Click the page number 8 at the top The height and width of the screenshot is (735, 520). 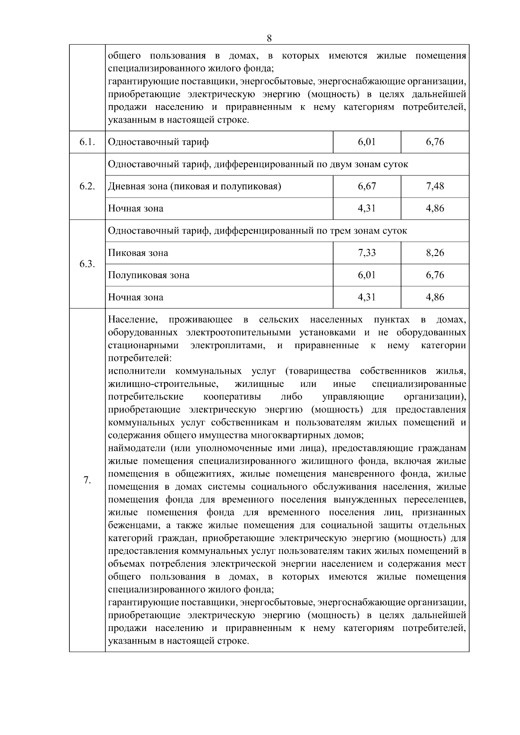(269, 38)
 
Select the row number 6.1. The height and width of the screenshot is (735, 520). (87, 142)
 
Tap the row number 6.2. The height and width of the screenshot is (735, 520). (87, 186)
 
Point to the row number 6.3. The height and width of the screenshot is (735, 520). (87, 264)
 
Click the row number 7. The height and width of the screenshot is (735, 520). (87, 480)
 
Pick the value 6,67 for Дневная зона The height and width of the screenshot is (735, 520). (367, 186)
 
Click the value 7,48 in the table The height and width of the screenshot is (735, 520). (435, 186)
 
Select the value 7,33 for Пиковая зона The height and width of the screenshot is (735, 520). (367, 253)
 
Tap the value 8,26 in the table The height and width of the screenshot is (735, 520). (435, 253)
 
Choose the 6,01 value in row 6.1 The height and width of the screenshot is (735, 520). (367, 142)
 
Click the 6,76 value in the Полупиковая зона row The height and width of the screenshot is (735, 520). (435, 275)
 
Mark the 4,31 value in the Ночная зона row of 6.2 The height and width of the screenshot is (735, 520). (367, 208)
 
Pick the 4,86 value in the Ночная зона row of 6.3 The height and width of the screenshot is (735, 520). (435, 297)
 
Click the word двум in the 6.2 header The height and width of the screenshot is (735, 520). (333, 165)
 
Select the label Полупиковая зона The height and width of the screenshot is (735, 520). (149, 275)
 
